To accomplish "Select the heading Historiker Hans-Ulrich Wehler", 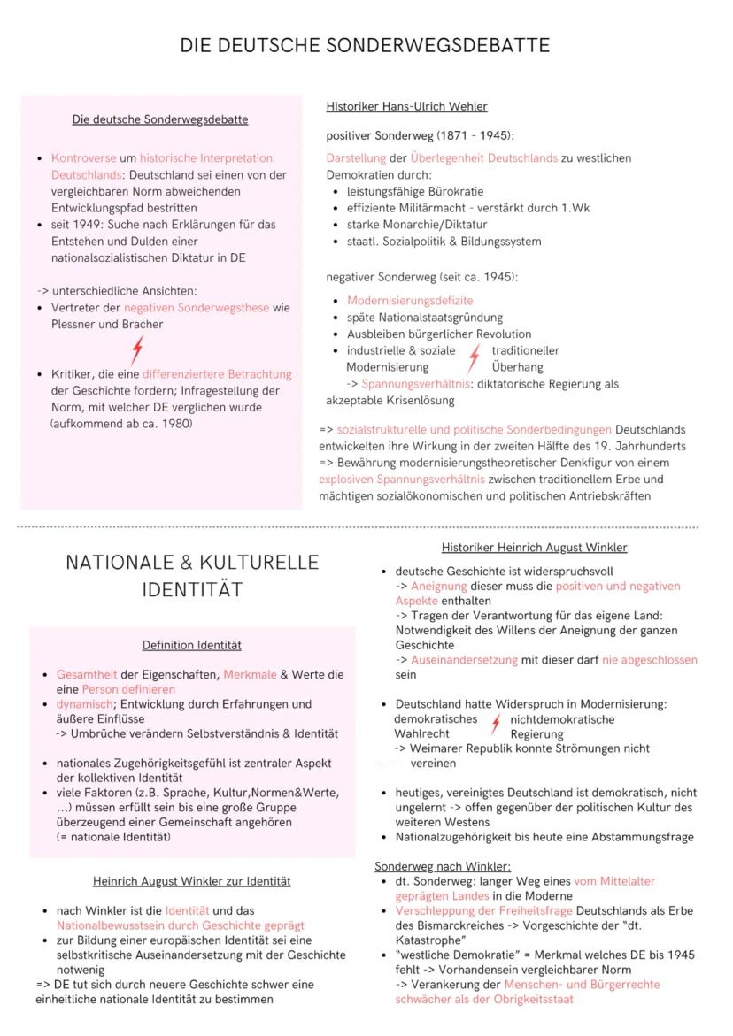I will click(406, 107).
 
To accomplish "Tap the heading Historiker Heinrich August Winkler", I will click(534, 548).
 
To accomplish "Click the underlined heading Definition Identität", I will click(192, 646).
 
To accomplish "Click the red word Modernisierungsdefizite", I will click(410, 301).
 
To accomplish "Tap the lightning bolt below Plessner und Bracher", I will click(135, 351).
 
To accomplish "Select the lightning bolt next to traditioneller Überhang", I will click(474, 358).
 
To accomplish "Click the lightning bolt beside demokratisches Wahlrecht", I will click(496, 725).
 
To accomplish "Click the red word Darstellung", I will click(356, 158).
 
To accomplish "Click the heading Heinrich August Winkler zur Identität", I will click(192, 881).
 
